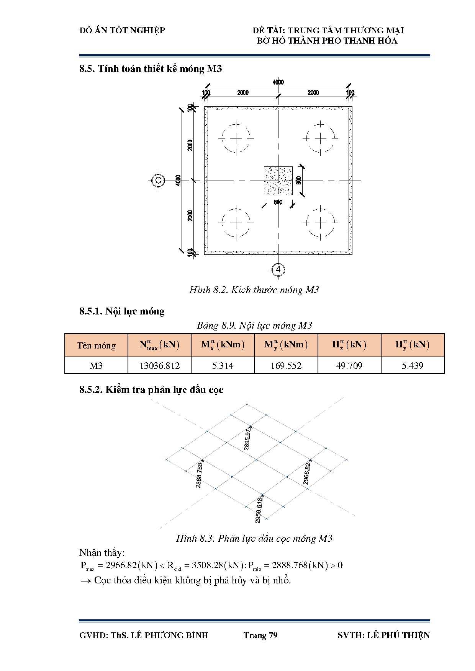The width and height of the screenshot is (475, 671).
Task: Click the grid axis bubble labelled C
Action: (x=158, y=181)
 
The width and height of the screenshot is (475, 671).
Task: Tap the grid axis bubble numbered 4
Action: (x=278, y=269)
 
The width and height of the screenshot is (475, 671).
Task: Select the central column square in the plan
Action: (x=278, y=181)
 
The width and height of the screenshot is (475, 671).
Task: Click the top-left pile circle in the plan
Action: (x=236, y=138)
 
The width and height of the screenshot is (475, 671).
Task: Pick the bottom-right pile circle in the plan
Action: (x=320, y=223)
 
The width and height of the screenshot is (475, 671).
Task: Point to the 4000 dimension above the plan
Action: (x=278, y=82)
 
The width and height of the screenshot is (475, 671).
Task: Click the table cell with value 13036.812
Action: (x=159, y=366)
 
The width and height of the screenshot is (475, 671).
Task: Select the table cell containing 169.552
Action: (x=286, y=366)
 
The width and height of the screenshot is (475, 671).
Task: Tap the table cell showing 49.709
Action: (x=349, y=366)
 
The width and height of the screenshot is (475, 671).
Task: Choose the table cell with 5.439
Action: (x=413, y=366)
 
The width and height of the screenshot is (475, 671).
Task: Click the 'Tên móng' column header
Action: (x=96, y=345)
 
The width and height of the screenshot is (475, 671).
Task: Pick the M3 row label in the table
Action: (x=96, y=366)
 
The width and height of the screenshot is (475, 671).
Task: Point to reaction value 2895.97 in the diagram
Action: (x=247, y=439)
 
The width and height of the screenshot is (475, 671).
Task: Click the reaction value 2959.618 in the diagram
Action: (x=259, y=510)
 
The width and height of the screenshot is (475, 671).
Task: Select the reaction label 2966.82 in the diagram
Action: (x=307, y=474)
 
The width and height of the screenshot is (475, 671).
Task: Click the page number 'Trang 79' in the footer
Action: (x=260, y=635)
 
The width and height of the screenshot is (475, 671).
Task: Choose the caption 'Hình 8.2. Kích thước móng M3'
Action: (x=254, y=290)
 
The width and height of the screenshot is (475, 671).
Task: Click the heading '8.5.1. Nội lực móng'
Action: (x=122, y=311)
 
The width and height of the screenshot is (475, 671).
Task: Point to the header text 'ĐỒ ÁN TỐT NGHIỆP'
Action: (x=122, y=30)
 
